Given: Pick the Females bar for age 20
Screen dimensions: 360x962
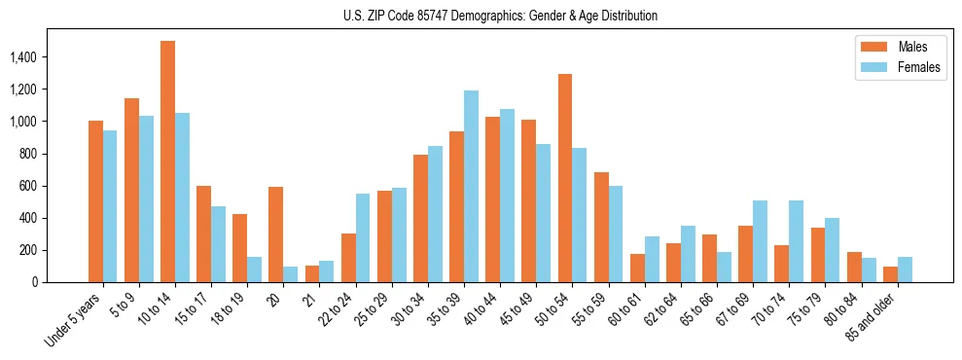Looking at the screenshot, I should [291, 274].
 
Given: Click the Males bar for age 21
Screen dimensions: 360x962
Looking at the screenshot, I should [311, 273].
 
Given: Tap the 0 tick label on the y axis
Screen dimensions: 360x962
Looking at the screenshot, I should [60, 282].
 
